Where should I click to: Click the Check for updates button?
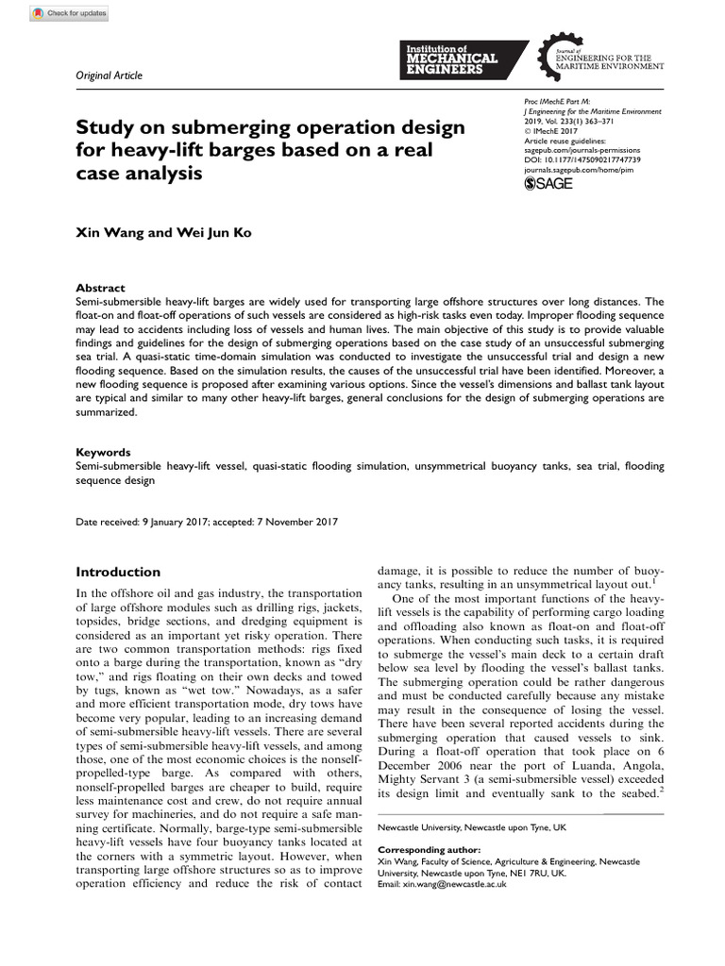[69, 13]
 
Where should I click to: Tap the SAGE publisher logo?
[548, 183]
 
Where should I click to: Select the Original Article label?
[106, 77]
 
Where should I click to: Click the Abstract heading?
[100, 288]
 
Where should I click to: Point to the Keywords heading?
[103, 452]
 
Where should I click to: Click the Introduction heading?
[118, 572]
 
